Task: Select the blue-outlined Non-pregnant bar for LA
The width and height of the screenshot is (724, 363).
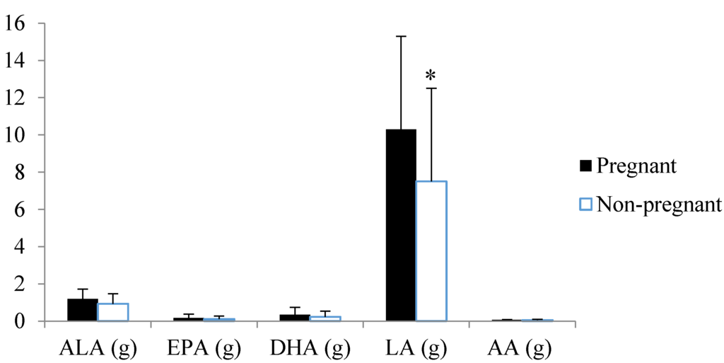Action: tap(431, 251)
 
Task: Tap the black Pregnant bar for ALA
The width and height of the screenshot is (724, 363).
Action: tap(83, 310)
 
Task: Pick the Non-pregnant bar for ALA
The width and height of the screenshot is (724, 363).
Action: tap(113, 312)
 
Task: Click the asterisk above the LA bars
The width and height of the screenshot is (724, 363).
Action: tap(430, 76)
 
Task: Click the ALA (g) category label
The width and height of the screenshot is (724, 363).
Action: tap(98, 348)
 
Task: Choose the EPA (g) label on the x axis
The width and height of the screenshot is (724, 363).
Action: tap(204, 348)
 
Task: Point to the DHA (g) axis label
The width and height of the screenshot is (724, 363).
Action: tap(310, 348)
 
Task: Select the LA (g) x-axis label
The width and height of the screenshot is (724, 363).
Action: tap(416, 348)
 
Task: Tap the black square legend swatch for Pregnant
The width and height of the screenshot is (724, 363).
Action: tap(585, 166)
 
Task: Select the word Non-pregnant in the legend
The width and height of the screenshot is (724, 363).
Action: tap(659, 205)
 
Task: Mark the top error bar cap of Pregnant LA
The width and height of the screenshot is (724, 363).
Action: tap(401, 36)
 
